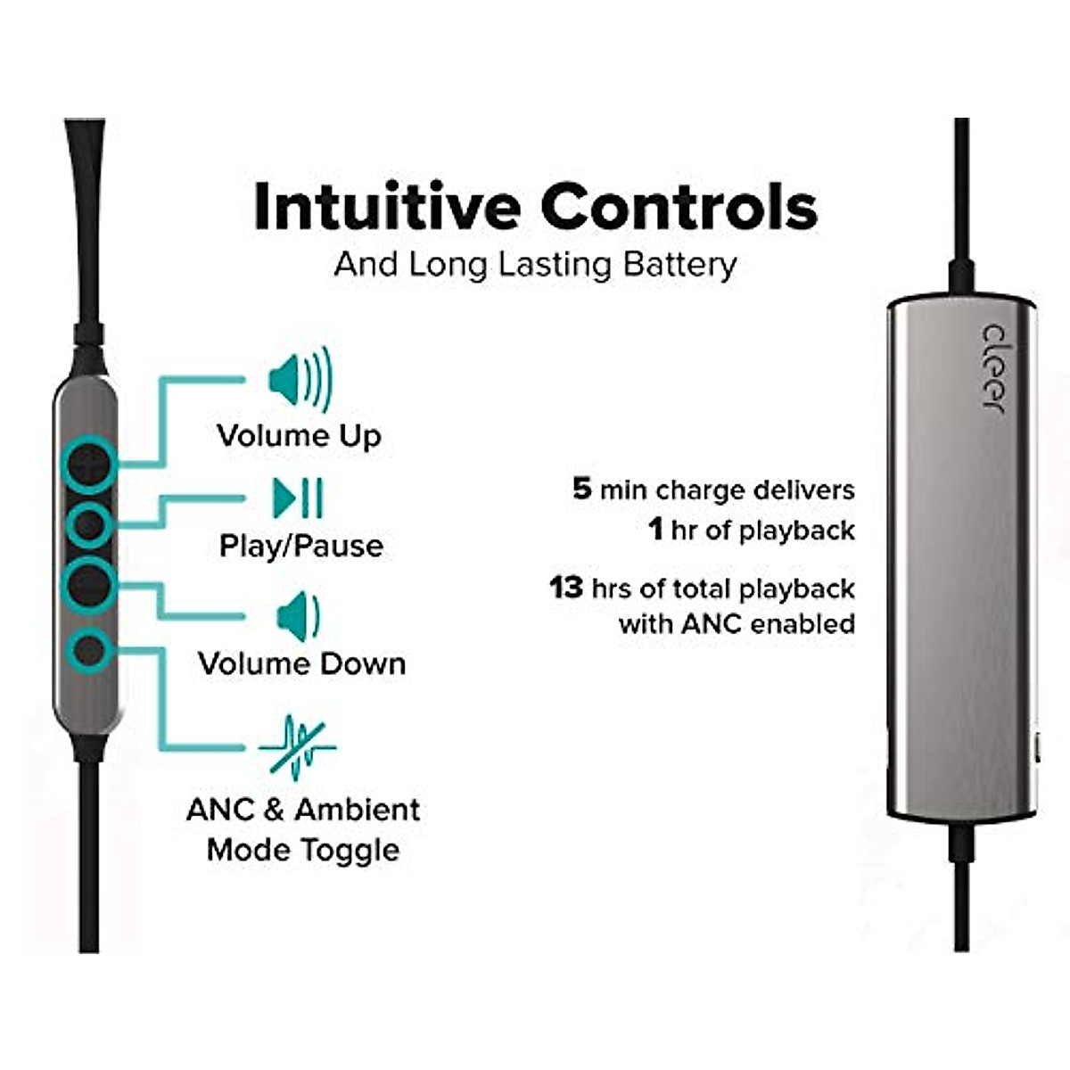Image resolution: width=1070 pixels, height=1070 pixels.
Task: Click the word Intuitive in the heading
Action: click(x=387, y=207)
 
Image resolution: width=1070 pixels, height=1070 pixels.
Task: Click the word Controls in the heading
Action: click(x=679, y=207)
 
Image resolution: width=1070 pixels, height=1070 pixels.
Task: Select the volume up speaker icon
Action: click(x=300, y=380)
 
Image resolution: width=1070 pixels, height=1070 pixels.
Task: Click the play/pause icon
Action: click(x=298, y=498)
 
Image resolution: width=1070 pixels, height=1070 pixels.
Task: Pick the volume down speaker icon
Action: click(x=298, y=616)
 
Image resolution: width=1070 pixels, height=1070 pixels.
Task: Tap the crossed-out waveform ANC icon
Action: click(x=298, y=747)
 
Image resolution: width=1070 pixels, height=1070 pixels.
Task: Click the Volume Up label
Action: click(x=299, y=436)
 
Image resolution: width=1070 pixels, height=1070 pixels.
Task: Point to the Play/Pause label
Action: click(x=301, y=546)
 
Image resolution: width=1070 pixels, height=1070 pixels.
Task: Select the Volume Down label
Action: click(x=301, y=664)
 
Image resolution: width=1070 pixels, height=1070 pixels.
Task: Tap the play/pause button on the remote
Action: click(x=88, y=526)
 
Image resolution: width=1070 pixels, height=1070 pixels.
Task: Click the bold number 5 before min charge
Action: click(x=581, y=489)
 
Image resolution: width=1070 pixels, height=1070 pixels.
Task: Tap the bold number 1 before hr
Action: click(x=656, y=530)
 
